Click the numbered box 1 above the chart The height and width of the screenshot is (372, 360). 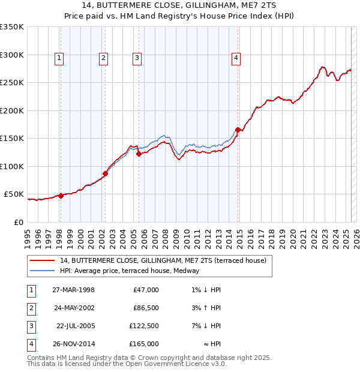tap(59, 58)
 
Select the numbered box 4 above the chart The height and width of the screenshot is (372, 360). tap(236, 58)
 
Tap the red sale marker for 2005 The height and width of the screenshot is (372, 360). tap(139, 154)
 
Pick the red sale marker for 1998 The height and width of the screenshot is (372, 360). tap(61, 196)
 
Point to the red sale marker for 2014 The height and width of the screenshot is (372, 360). tap(238, 130)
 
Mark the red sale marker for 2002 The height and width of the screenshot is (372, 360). tap(105, 174)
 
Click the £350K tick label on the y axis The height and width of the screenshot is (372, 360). tap(12, 27)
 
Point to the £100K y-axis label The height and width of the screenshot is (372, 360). tap(12, 166)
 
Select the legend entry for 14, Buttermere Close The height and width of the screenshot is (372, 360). tap(158, 260)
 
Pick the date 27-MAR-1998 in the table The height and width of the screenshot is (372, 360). tap(74, 290)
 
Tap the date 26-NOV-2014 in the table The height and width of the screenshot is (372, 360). tap(74, 344)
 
